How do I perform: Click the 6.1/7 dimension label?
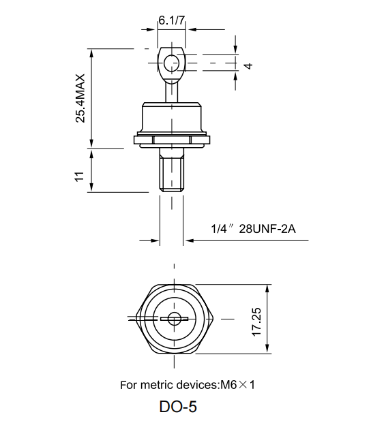coord(171,20)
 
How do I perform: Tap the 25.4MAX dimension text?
coord(80,97)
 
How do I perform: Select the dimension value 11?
coord(80,176)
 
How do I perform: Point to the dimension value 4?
coord(249,66)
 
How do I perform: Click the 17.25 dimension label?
coord(256,318)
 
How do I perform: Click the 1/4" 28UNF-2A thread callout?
coord(253,228)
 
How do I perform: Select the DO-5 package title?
coord(179,407)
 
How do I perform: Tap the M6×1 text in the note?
coord(237,385)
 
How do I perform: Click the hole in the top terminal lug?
coord(170,63)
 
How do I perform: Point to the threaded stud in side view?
coord(171,172)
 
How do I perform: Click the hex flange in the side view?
coord(171,141)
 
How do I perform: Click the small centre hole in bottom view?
coord(175,317)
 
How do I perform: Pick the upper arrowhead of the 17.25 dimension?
coord(267,289)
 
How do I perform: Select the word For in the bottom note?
coord(128,385)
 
